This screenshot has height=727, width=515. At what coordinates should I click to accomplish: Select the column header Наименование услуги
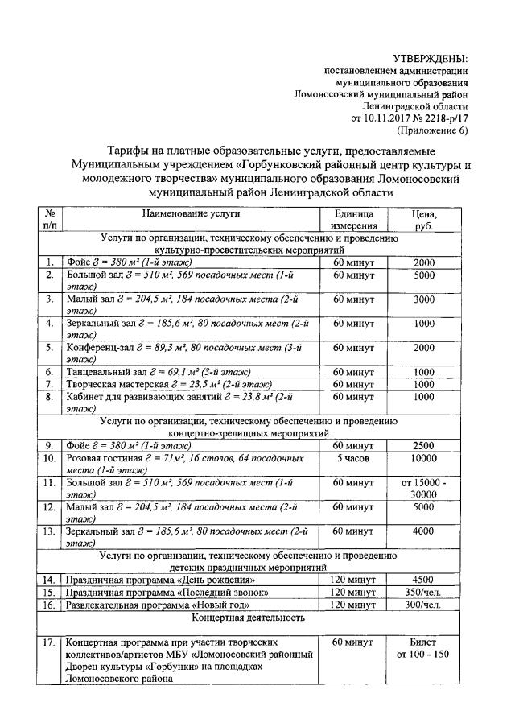pyautogui.click(x=191, y=214)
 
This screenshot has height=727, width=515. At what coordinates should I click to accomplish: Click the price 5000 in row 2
pyautogui.click(x=424, y=275)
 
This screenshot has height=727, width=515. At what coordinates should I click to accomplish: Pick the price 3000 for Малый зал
pyautogui.click(x=424, y=299)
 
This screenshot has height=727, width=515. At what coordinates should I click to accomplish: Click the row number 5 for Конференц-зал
pyautogui.click(x=50, y=348)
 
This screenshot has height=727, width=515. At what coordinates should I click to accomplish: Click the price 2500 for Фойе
pyautogui.click(x=424, y=445)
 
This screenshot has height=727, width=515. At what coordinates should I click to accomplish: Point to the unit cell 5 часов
pyautogui.click(x=354, y=458)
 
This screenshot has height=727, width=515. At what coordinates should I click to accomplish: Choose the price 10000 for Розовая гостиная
pyautogui.click(x=424, y=458)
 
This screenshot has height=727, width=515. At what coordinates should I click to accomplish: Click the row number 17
pyautogui.click(x=50, y=642)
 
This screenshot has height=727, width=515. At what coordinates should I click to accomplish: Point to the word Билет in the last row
pyautogui.click(x=424, y=642)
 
